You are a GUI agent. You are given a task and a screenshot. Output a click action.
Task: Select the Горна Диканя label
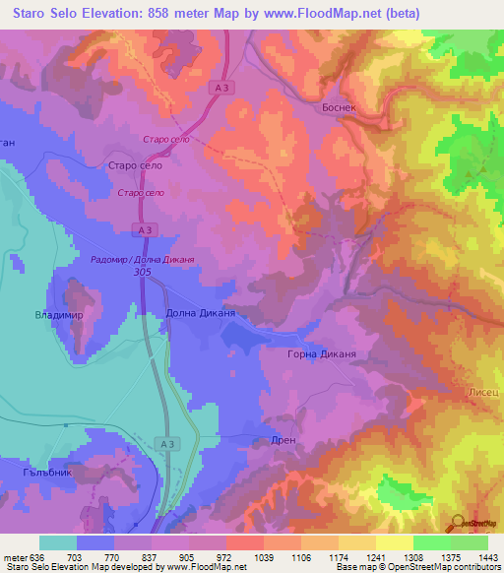pyautogui.click(x=321, y=353)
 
